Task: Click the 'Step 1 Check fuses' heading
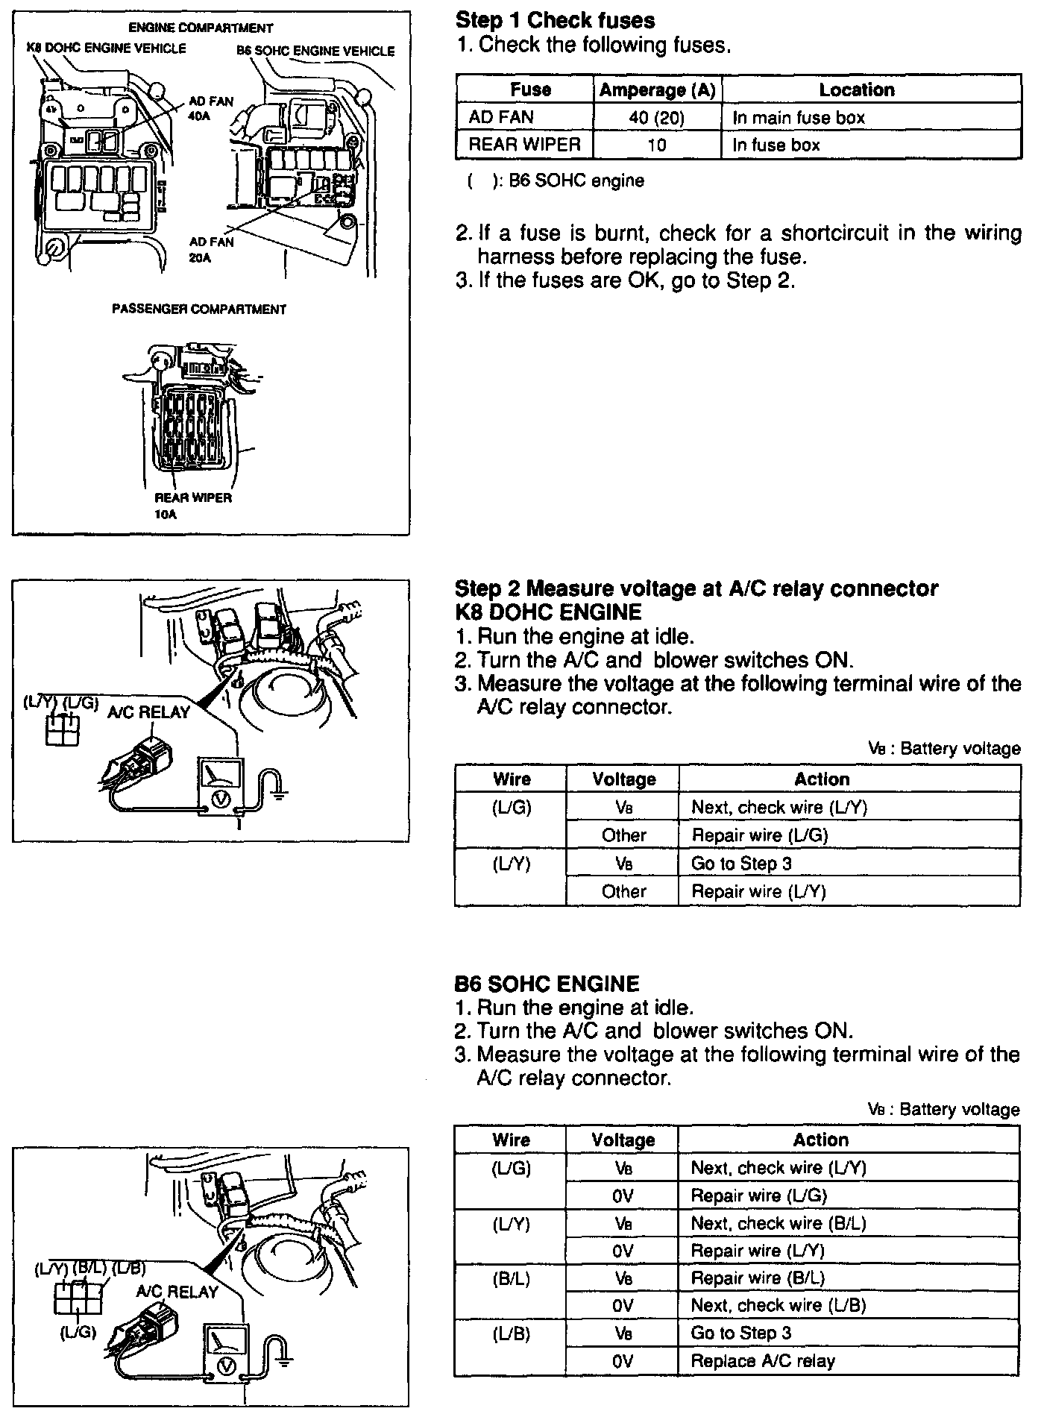(x=555, y=20)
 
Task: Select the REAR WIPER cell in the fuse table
(x=523, y=145)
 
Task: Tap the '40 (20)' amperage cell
(x=657, y=117)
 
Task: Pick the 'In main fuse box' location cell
(x=798, y=117)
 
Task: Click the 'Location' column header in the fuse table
(x=856, y=90)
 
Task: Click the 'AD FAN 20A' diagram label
(x=211, y=249)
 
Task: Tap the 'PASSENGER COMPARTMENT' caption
(x=199, y=309)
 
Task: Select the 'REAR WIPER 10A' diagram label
(x=192, y=505)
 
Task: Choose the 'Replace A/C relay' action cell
(x=763, y=1361)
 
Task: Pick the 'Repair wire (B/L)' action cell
(x=758, y=1278)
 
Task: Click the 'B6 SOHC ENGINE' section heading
(x=547, y=984)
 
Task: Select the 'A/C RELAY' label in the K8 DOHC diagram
(x=149, y=712)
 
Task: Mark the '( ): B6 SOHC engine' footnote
(x=556, y=180)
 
